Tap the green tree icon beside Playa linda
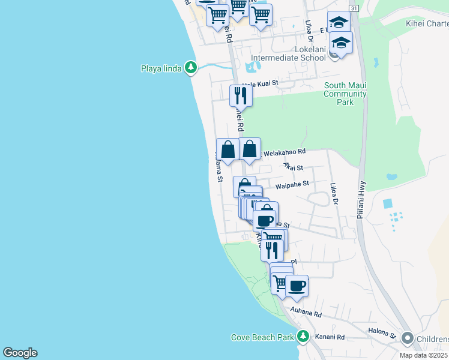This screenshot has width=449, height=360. click(x=191, y=67)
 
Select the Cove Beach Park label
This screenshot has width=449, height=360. click(x=262, y=337)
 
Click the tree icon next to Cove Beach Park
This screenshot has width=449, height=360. click(x=304, y=336)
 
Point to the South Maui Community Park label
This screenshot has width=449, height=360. click(x=345, y=94)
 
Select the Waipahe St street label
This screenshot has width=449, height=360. click(x=292, y=185)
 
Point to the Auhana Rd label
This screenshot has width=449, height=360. click(x=306, y=313)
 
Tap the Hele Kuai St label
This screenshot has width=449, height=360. click(x=261, y=85)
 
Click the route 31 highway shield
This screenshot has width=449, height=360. click(x=354, y=8)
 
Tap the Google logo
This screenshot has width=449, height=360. click(x=20, y=353)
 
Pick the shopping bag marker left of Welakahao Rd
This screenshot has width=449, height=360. click(x=228, y=149)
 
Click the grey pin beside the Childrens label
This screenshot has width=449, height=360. click(x=408, y=338)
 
